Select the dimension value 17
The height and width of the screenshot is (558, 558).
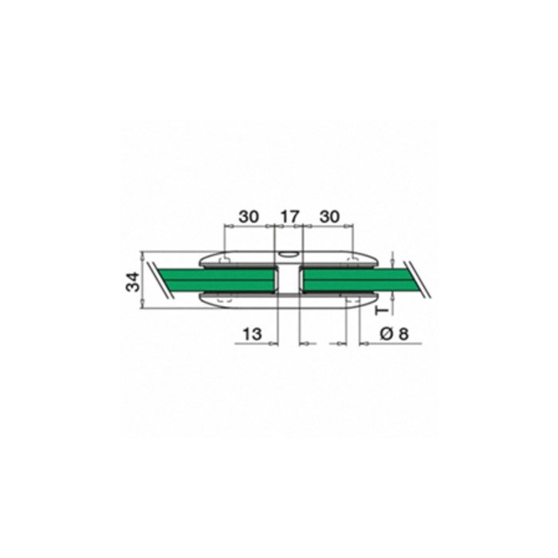pos(289,216)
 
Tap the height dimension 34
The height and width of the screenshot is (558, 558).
pos(133,281)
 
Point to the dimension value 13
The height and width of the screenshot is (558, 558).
pos(251,335)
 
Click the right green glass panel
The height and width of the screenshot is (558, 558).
pos(351,280)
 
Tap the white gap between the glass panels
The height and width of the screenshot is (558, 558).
pos(288,281)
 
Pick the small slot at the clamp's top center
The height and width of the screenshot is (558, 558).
pos(288,255)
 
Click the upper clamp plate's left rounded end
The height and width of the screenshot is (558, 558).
pos(206,260)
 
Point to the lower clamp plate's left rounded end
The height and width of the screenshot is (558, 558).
pos(206,300)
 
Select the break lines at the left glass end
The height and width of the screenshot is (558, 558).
pos(163,280)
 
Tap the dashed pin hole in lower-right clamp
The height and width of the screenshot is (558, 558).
pos(350,299)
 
